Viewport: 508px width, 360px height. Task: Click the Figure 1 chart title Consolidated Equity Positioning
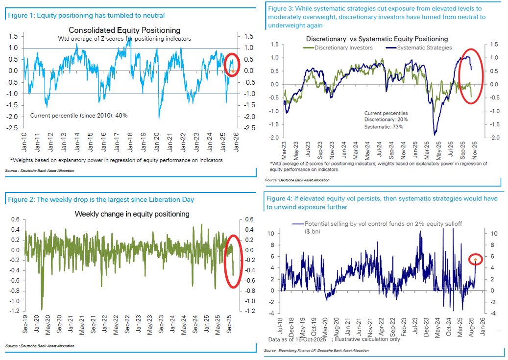point(124,30)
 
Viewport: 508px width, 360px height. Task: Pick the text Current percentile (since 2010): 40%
point(79,116)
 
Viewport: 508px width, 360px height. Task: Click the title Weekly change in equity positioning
point(132,214)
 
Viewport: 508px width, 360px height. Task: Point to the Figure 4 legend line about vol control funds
point(377,224)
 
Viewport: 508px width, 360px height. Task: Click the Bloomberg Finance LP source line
point(316,351)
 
